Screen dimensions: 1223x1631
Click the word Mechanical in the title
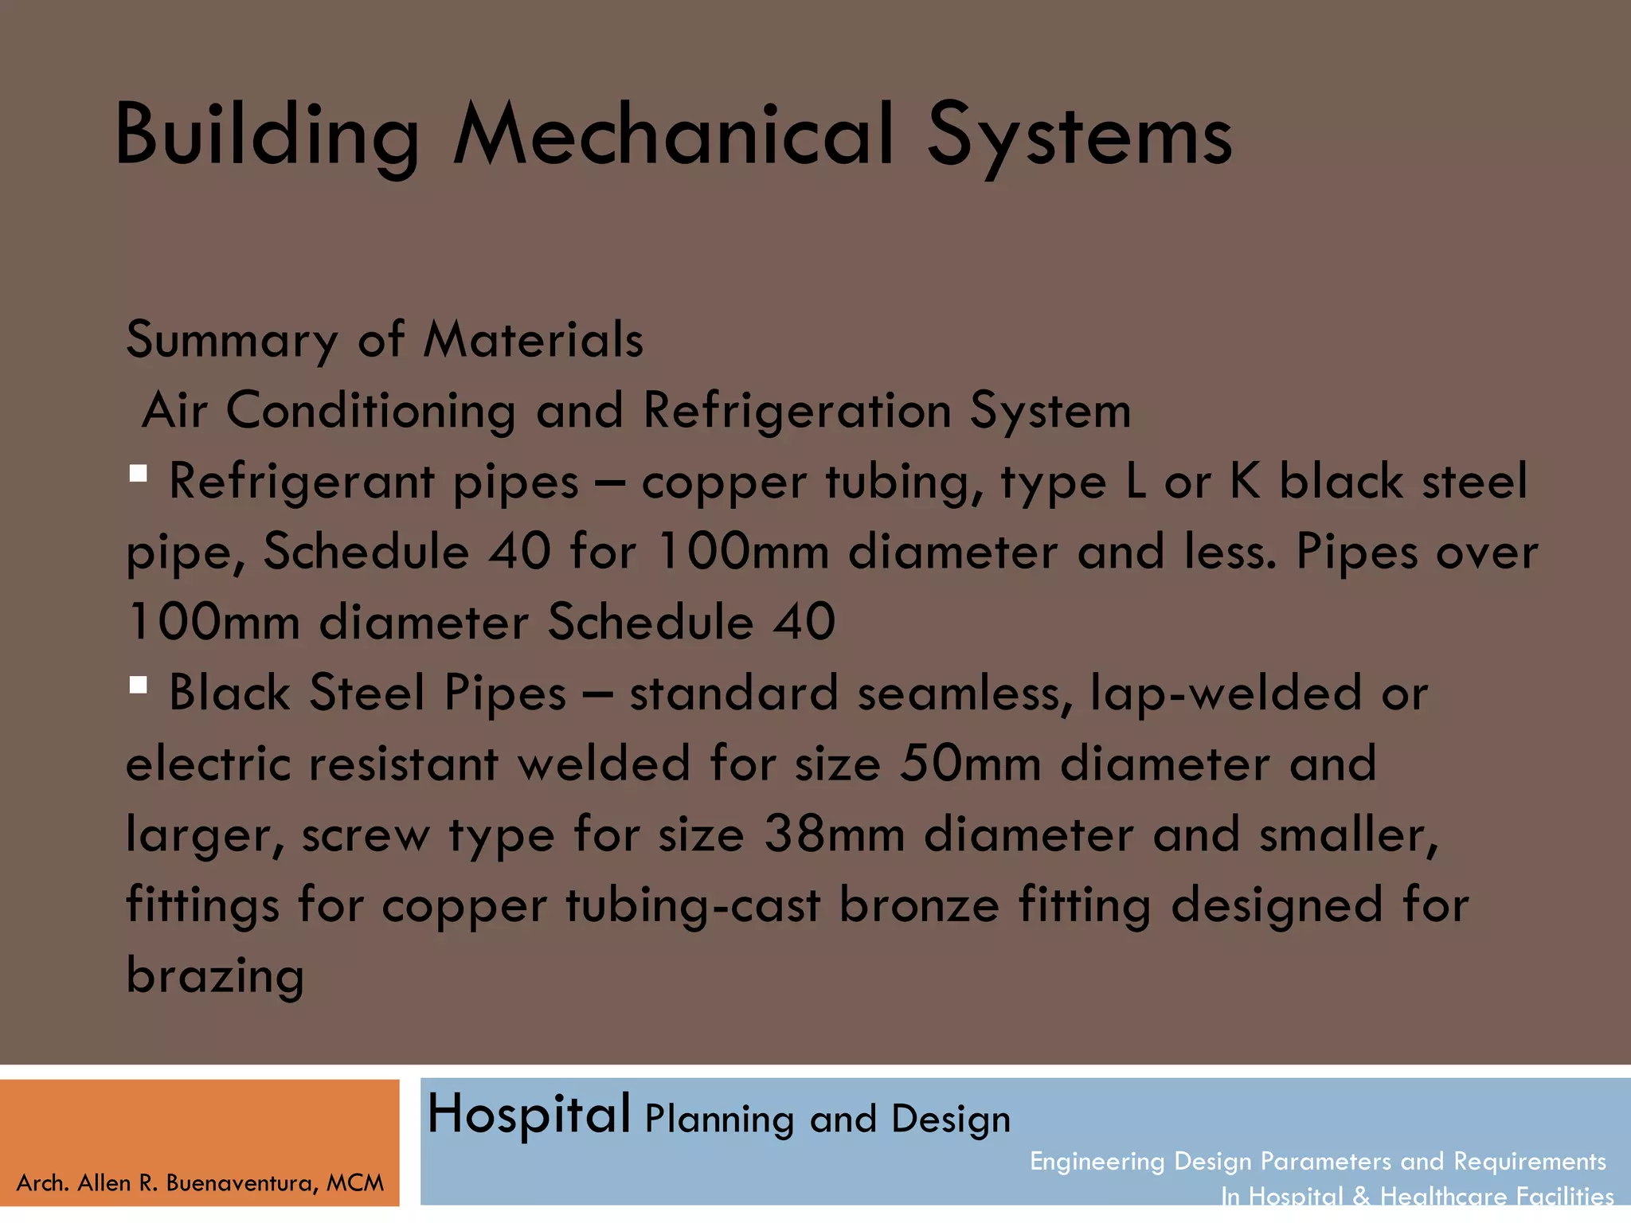pos(673,135)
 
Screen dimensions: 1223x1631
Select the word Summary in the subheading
pos(232,340)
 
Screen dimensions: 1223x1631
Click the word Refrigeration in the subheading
pos(796,412)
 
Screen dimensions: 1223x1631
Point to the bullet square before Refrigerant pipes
pos(139,475)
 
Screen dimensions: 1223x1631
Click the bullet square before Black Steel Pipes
pos(139,686)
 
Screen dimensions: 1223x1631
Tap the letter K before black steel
pos(1245,481)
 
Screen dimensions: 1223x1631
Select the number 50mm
pos(970,764)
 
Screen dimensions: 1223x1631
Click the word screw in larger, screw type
pos(366,836)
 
